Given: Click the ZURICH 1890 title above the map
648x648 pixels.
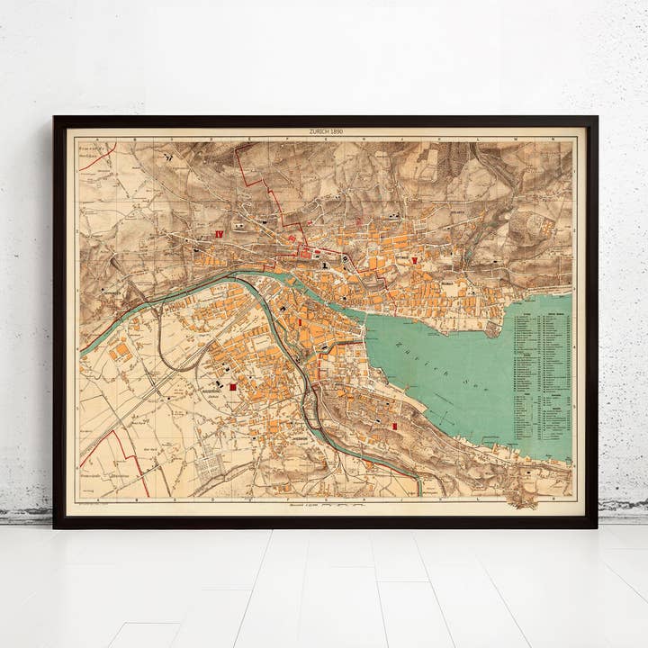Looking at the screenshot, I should (x=325, y=132).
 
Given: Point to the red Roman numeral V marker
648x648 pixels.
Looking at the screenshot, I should (x=414, y=260).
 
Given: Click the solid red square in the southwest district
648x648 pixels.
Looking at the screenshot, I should (x=233, y=386).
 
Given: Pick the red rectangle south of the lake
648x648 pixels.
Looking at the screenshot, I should (x=393, y=425).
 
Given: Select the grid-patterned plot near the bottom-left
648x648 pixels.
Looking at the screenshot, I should (x=209, y=465).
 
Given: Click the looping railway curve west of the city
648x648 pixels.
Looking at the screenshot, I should (x=166, y=342).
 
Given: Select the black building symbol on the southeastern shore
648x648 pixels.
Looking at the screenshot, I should (x=526, y=470).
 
